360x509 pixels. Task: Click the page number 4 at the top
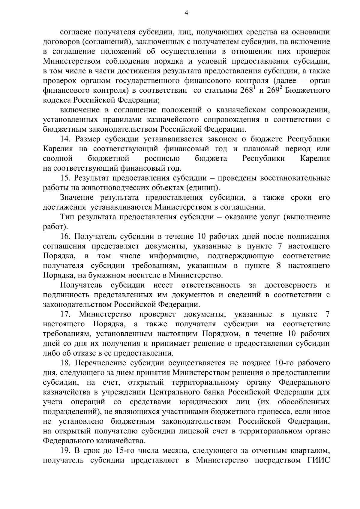pos(186,13)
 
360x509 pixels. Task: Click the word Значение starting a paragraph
pos(77,198)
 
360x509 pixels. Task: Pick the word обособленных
pos(303,402)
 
